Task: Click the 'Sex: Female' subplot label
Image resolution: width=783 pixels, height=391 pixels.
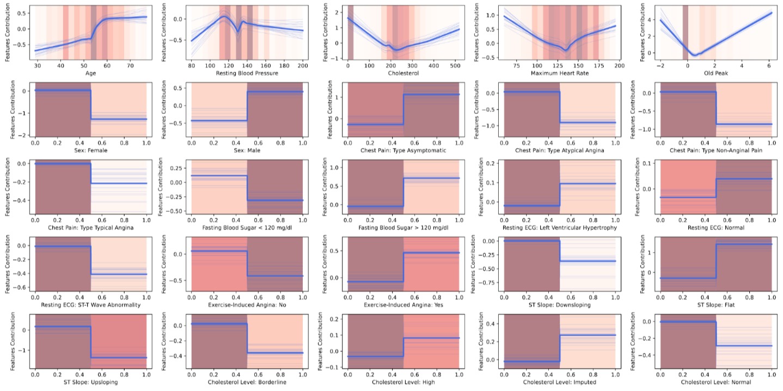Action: (90, 150)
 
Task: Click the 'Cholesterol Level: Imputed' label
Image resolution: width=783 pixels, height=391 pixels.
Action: (560, 382)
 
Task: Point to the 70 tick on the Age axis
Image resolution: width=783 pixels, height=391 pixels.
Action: (130, 65)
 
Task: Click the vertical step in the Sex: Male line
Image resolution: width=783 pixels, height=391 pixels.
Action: (247, 106)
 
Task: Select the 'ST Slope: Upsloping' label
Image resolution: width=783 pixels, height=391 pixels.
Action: (90, 382)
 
